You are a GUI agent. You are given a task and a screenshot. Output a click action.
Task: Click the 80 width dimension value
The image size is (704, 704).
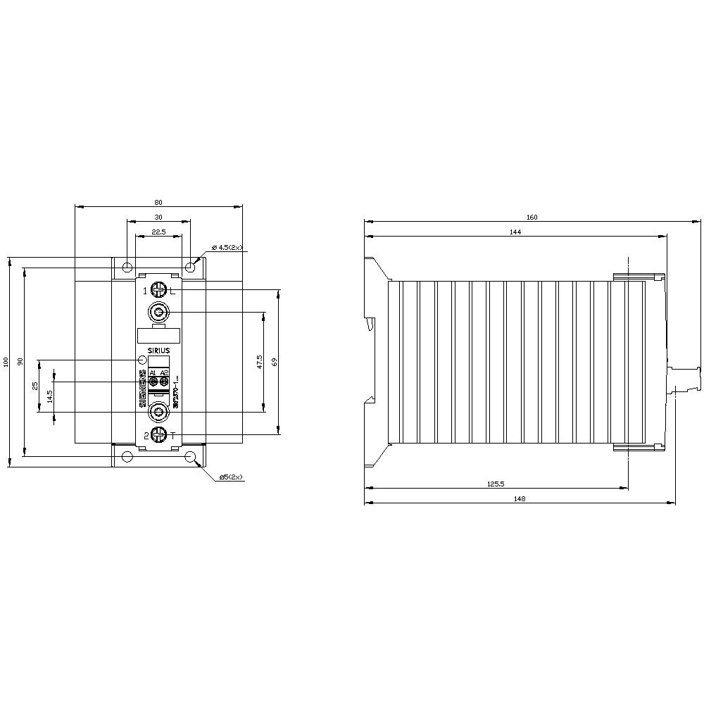point(158,202)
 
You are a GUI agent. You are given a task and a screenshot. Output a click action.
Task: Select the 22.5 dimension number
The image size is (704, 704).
point(158,232)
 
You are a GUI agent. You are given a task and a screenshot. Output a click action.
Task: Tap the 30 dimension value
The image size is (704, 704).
point(158,217)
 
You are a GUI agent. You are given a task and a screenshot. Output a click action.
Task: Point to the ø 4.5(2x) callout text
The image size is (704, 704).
point(227,248)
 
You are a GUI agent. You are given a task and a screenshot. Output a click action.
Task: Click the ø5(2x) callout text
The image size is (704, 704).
point(231,477)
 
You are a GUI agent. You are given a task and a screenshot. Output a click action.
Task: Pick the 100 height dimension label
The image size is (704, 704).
point(6,361)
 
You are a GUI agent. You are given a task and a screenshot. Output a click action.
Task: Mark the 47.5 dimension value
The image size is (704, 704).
point(259,362)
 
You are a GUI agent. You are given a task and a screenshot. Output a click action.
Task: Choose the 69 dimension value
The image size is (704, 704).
point(275,361)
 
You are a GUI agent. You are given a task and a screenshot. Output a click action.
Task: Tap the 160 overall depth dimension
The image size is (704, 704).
point(532,218)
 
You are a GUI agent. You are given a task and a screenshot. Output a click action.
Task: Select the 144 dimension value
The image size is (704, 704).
point(515,232)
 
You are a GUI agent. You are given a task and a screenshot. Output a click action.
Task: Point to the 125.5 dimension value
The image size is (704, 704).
point(496,484)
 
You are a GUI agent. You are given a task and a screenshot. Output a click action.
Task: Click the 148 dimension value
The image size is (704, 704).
point(520,498)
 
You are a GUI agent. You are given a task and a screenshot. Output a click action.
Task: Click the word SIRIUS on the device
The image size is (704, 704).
point(158,350)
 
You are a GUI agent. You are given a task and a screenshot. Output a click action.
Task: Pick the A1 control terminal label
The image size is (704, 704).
point(153,372)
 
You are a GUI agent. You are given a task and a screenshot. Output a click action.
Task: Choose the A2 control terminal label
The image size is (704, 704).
point(164,372)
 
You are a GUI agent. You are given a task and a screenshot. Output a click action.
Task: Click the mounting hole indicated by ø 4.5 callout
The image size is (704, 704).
point(191,268)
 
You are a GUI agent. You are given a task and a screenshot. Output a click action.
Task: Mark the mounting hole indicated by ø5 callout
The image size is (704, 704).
point(191,457)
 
